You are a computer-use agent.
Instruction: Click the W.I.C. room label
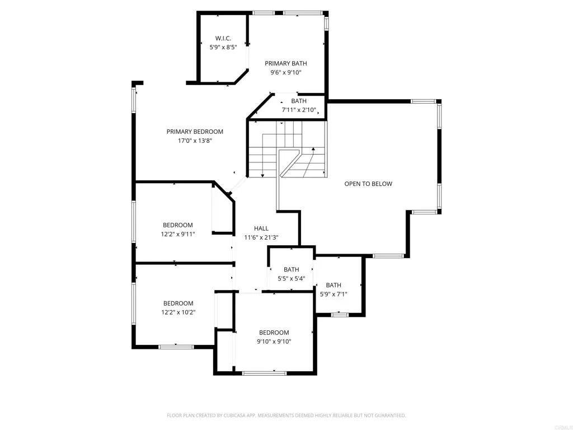pos(223,39)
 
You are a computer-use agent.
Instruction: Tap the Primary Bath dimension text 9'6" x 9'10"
pos(286,72)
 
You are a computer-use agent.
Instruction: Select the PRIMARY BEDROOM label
pos(195,132)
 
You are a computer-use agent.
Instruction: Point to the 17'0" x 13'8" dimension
pos(195,141)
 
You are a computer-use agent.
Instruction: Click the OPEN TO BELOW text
pos(368,184)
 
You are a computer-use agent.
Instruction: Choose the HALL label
pos(261,228)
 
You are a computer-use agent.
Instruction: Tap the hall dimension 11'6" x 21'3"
pos(261,237)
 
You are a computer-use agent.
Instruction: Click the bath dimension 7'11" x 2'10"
pos(299,110)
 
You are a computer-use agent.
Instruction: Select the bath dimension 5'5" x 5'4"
pos(291,279)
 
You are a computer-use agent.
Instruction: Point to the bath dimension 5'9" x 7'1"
pos(334,294)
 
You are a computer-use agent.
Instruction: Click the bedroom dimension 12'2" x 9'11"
pos(178,234)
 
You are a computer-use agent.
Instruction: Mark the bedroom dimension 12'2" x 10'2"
pos(179,312)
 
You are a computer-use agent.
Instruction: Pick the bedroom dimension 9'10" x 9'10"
pos(274,342)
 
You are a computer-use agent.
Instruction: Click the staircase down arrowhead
pos(262,176)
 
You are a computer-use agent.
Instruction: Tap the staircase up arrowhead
pos(313,149)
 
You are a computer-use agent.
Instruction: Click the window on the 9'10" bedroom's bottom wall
pos(264,373)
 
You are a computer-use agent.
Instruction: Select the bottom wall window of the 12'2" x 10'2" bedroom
pos(176,347)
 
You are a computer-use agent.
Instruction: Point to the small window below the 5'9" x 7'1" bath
pos(340,314)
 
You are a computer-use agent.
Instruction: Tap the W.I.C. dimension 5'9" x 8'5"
pos(223,47)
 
